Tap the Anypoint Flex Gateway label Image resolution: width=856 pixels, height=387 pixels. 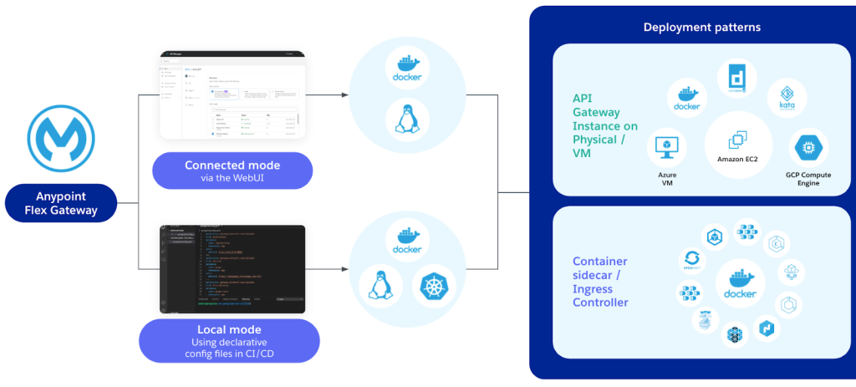pyautogui.click(x=62, y=203)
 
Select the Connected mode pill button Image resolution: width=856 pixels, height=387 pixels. pyautogui.click(x=232, y=171)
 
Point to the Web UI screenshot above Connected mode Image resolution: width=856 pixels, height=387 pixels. pyautogui.click(x=232, y=95)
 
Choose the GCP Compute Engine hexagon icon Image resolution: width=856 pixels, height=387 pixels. pyautogui.click(x=808, y=148)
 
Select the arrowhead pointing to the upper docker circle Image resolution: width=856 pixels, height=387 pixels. pyautogui.click(x=344, y=94)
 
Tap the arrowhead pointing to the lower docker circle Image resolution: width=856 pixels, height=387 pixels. pyautogui.click(x=344, y=269)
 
